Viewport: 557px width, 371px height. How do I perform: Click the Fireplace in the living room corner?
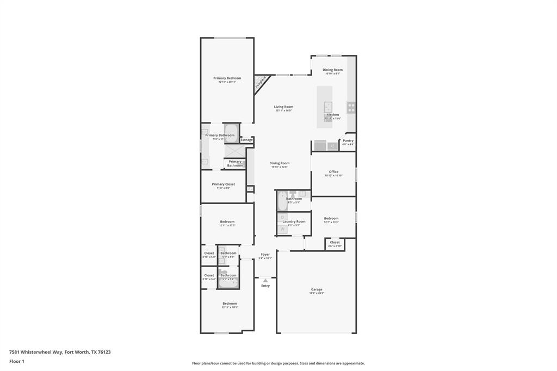click(261, 83)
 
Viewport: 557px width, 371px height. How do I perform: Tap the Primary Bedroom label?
click(227, 78)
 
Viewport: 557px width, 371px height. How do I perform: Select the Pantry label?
click(348, 141)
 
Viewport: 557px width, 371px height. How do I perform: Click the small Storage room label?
click(246, 140)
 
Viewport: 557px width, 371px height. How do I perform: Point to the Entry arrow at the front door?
click(265, 281)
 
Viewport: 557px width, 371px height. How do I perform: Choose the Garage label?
click(317, 289)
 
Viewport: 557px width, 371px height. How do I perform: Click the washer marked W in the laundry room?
click(282, 229)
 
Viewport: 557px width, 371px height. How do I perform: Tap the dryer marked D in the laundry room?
click(282, 218)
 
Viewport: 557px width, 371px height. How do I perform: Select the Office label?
click(333, 172)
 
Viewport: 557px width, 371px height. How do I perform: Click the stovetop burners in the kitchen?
click(351, 107)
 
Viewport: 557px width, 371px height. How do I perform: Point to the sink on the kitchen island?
click(328, 106)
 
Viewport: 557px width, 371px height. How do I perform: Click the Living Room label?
click(283, 107)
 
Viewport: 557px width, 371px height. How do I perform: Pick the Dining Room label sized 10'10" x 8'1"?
click(332, 70)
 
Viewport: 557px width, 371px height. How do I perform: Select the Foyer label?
click(265, 255)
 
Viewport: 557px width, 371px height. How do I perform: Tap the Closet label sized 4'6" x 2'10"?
click(335, 243)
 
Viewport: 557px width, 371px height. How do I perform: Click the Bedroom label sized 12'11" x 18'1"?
click(230, 304)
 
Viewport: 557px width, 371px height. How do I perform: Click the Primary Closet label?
click(223, 184)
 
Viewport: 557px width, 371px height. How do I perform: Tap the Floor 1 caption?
click(17, 361)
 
